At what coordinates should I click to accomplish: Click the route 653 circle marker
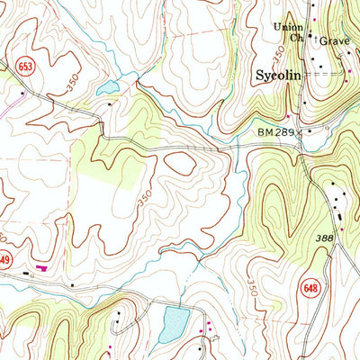pos(24,65)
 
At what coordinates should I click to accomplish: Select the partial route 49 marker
pos(5,260)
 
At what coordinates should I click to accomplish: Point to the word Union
pos(290,27)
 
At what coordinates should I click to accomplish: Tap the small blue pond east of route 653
pos(107,88)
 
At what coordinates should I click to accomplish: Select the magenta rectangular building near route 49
pos(40,266)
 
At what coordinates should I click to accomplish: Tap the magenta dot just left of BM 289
pos(289,116)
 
